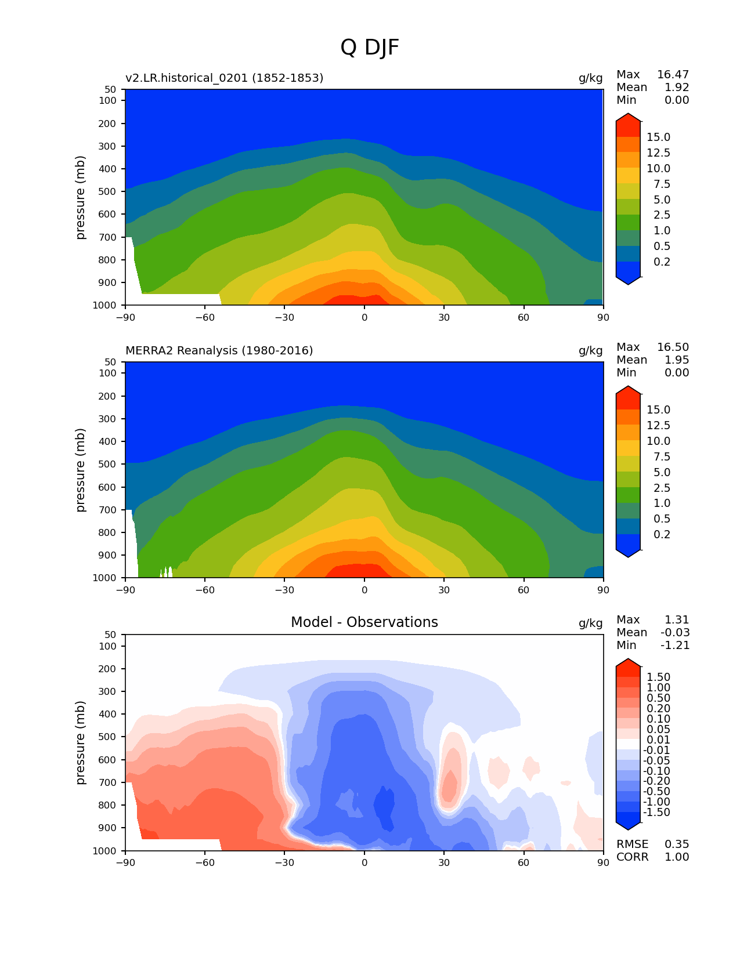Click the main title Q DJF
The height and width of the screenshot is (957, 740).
pos(370,48)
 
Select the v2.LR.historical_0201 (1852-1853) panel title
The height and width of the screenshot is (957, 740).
pos(224,78)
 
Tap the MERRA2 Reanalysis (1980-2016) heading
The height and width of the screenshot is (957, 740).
pos(219,350)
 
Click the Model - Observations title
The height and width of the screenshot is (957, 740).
pos(364,622)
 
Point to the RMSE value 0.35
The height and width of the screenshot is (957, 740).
pos(677,844)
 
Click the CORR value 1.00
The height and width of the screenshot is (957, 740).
pos(677,857)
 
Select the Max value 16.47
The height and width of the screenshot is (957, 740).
pos(673,74)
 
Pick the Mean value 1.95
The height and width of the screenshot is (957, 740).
pos(677,360)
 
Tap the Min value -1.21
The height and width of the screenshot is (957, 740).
pos(675,645)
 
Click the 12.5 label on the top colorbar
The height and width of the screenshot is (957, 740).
pos(658,153)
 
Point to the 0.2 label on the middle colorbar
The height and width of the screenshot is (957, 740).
pos(662,534)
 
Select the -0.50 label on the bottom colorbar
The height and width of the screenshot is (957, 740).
pos(658,791)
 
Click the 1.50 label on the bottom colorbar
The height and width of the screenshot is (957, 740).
pos(658,677)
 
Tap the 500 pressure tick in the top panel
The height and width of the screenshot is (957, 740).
pos(109,191)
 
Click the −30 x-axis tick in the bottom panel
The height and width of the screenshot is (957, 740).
pos(284,862)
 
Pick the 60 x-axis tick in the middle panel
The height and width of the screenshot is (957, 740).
pos(524,590)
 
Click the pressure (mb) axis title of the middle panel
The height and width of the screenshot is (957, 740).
pos(81,470)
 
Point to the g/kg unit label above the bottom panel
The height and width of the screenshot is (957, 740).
pos(590,623)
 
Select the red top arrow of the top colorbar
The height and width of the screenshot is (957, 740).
pos(628,121)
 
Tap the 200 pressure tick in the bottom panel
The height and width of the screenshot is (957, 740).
pos(109,669)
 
